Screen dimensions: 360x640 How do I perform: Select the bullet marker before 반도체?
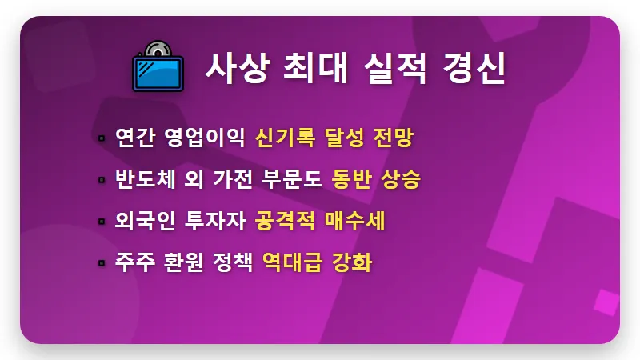click(x=102, y=179)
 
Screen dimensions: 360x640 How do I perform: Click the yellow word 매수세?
click(x=356, y=220)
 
